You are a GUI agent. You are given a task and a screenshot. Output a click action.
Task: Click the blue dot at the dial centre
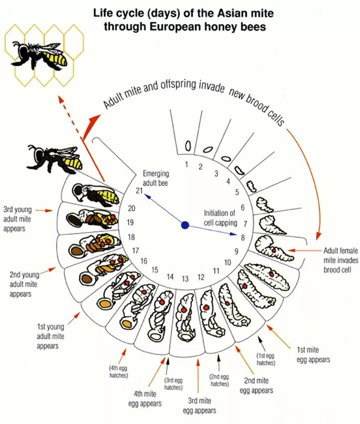(185, 225)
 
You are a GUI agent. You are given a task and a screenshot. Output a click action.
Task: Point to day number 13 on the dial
(185, 279)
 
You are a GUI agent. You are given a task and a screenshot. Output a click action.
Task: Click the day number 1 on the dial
(186, 164)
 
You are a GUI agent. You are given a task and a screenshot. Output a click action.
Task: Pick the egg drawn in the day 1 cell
(188, 146)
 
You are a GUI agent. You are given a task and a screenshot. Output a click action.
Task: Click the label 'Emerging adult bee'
(156, 178)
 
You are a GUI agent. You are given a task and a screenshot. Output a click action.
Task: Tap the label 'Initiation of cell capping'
(222, 218)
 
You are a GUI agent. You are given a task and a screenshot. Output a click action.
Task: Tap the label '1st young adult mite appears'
(51, 336)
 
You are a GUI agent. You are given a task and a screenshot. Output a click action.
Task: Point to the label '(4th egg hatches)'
(120, 372)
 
